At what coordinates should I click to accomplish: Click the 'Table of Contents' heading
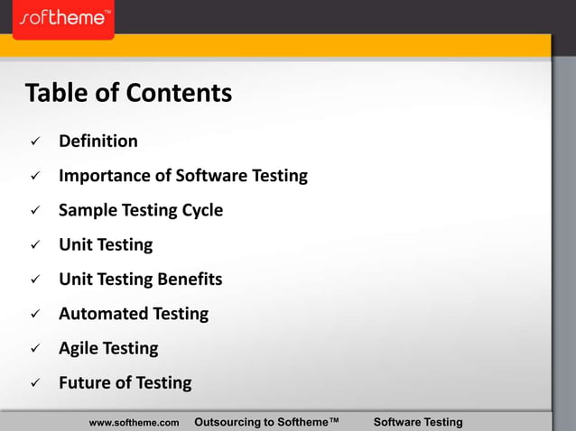click(x=128, y=93)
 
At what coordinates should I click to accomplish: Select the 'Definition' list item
click(x=98, y=142)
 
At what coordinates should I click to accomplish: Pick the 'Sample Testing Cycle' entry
click(x=141, y=210)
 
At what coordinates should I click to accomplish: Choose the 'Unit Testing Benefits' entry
click(x=141, y=280)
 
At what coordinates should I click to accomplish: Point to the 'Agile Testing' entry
click(x=108, y=348)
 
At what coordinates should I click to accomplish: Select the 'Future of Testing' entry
click(x=125, y=382)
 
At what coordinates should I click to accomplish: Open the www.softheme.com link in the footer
click(x=135, y=422)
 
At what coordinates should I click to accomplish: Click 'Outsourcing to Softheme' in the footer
click(x=266, y=422)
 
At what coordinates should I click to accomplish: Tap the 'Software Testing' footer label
click(x=418, y=422)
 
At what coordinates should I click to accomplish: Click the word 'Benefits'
click(x=190, y=280)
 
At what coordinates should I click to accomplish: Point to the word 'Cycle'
click(x=200, y=210)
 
